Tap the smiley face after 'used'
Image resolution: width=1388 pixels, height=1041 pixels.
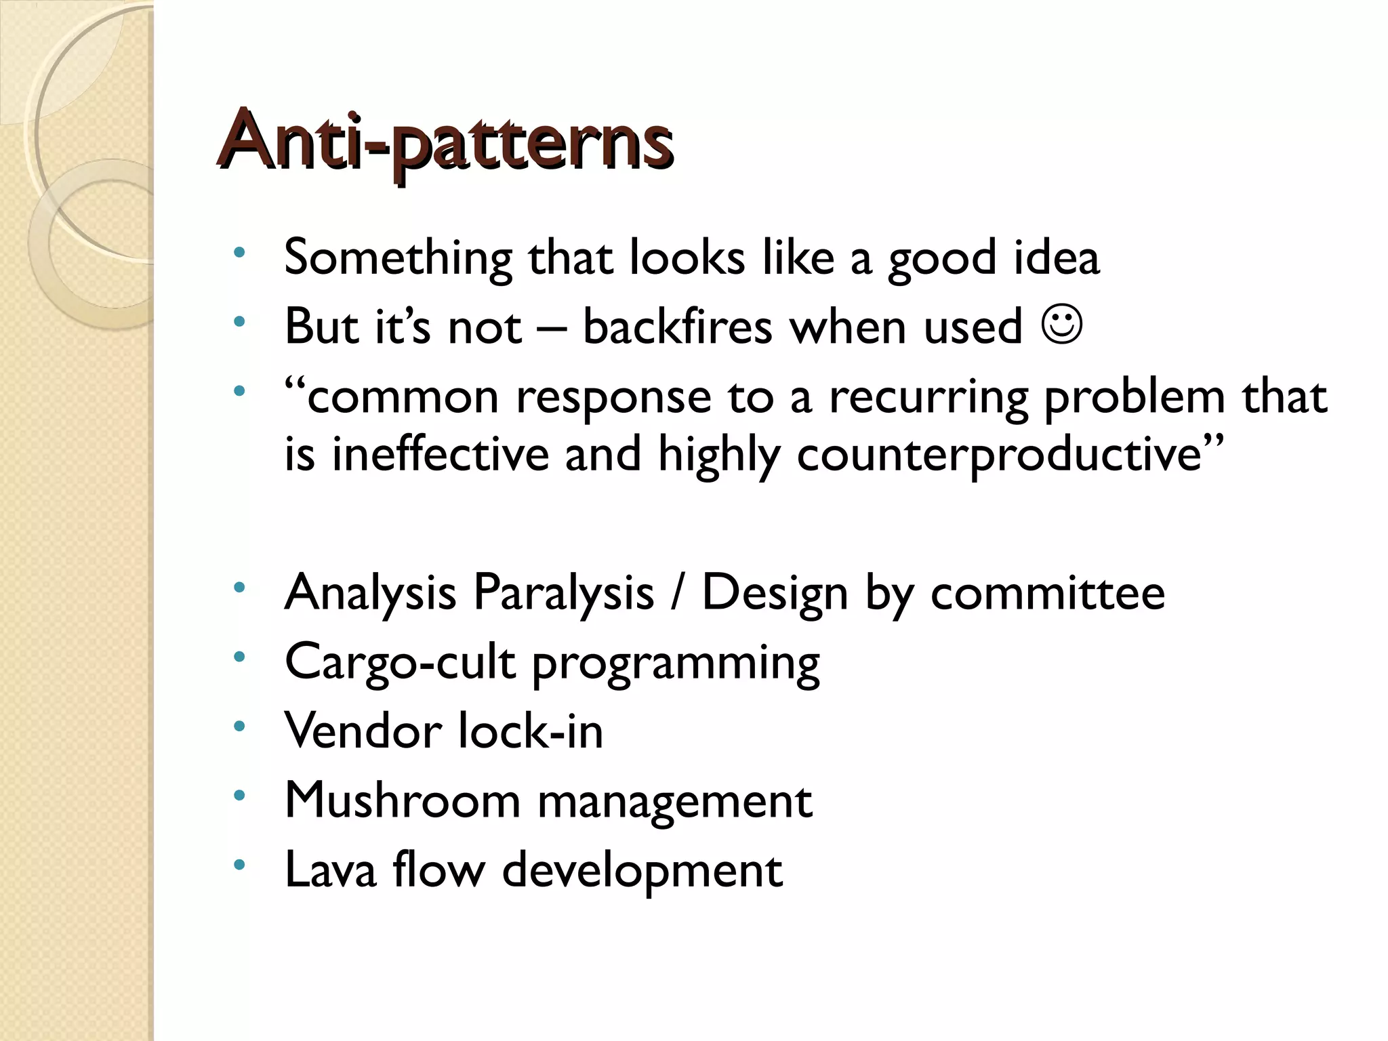pos(1061,325)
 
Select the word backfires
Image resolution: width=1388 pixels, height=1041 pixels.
pos(677,327)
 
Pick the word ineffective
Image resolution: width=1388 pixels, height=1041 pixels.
pos(440,455)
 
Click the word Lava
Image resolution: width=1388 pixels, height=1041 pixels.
pos(330,870)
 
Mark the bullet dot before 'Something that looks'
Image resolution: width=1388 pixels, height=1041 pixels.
pos(239,253)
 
